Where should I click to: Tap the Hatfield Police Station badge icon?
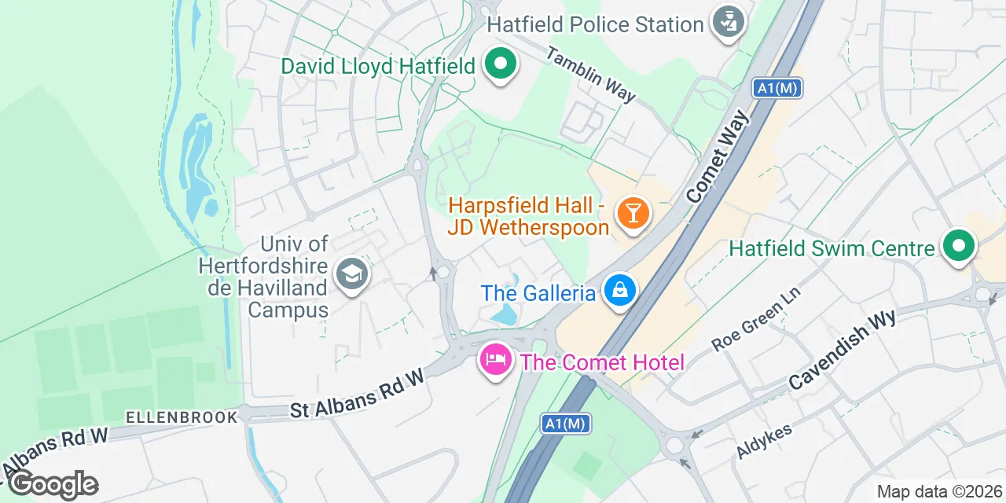[x=729, y=21]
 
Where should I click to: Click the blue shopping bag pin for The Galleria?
[x=620, y=291]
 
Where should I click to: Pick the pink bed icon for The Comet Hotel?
[x=495, y=361]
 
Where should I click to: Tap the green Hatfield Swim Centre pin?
[x=958, y=246]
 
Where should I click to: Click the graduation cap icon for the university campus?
[x=351, y=275]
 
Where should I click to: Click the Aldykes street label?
[x=764, y=440]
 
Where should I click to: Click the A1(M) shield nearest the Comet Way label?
[x=777, y=88]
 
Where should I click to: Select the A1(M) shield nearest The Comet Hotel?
[x=566, y=424]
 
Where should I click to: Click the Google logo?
[x=53, y=484]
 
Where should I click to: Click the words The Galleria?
[x=538, y=293]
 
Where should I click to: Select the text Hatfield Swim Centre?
[x=832, y=249]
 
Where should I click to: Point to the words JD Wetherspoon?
[x=528, y=228]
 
